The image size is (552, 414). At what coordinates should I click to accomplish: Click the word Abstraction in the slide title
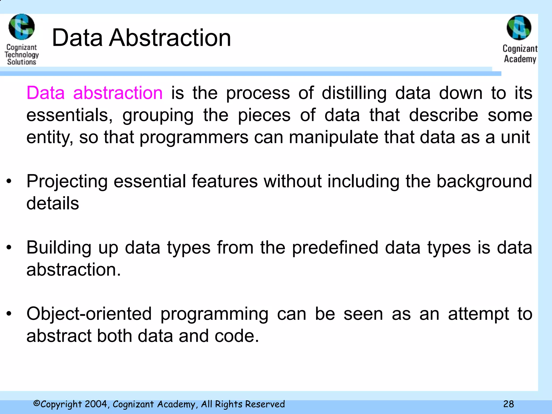point(170,38)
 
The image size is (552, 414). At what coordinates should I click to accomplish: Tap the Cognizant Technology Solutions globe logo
point(22,27)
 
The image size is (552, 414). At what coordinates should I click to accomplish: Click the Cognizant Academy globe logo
point(519,27)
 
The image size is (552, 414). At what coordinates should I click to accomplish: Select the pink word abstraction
point(118,93)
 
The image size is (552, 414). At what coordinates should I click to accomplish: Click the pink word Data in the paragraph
point(46,93)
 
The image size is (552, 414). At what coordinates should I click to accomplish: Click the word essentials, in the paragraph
point(70,115)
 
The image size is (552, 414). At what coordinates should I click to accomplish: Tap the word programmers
point(194,137)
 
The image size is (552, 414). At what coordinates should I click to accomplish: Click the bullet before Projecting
point(9,181)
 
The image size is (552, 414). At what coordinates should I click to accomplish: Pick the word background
point(484,181)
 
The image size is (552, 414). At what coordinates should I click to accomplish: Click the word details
point(53,203)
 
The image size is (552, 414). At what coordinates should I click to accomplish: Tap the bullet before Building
point(9,247)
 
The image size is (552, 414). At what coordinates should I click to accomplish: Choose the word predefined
point(335,247)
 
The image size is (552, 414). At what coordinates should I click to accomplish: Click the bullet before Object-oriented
point(9,314)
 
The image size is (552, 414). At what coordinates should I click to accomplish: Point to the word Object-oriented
point(89,314)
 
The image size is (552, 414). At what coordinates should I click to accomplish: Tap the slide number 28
point(508,404)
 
